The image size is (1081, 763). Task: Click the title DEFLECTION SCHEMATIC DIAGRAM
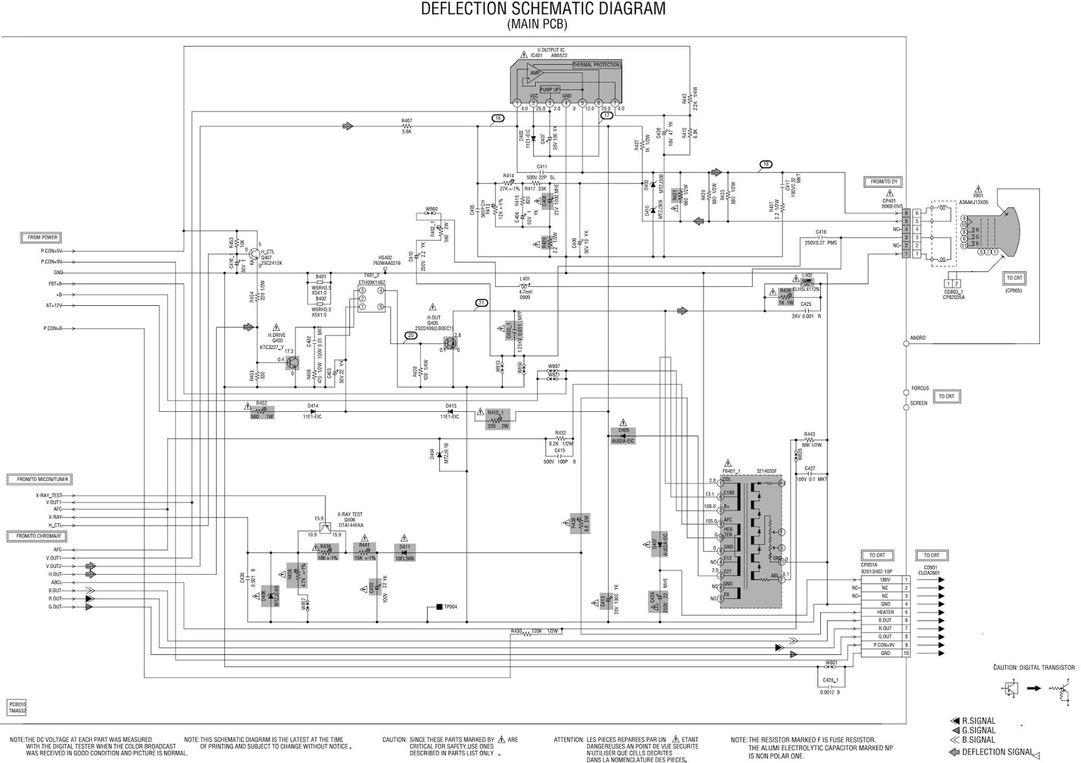pos(543,9)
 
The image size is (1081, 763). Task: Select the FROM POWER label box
pos(42,238)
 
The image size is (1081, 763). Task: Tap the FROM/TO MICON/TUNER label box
pos(39,479)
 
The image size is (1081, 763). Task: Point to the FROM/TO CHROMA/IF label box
pos(38,536)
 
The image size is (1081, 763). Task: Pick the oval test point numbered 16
pos(498,118)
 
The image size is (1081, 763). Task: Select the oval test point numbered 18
pos(765,164)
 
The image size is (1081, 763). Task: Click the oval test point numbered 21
pos(481,302)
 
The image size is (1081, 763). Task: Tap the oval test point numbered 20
pos(411,335)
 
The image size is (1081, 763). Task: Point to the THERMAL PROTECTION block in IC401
pos(596,65)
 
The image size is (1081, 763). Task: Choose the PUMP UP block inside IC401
pos(549,89)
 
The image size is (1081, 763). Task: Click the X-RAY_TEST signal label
pos(49,496)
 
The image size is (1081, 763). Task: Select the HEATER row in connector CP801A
pos(885,612)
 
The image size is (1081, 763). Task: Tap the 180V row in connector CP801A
pos(885,580)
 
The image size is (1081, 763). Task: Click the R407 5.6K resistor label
pos(406,125)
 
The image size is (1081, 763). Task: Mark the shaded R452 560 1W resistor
pos(261,410)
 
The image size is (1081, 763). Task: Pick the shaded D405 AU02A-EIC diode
pos(623,435)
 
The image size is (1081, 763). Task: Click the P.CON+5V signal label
pos(51,251)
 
